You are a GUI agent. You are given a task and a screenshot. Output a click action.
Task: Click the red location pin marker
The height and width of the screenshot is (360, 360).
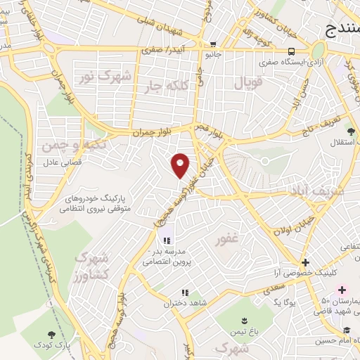[181, 165]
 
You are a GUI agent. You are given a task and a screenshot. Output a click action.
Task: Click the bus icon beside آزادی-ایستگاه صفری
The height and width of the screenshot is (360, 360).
[291, 51]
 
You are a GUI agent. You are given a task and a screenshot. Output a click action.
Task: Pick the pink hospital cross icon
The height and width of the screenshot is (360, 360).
[342, 290]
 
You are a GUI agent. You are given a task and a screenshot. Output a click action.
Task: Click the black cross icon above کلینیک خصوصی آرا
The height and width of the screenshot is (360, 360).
[305, 262]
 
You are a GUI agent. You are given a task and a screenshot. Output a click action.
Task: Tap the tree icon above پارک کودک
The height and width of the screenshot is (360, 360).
[51, 335]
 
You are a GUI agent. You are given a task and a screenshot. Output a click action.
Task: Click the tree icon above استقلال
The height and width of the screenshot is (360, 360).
[350, 131]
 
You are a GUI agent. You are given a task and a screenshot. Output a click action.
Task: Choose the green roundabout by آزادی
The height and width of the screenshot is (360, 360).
[319, 51]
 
